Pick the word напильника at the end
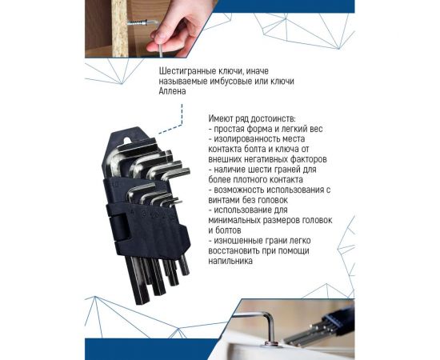coord(234,262)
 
